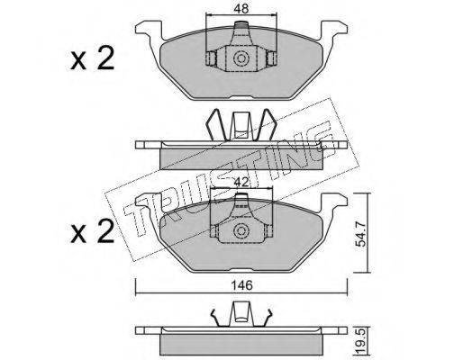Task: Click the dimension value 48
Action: click(x=241, y=9)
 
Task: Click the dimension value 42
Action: click(x=241, y=182)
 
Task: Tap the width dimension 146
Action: click(x=242, y=285)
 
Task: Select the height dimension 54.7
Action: click(x=360, y=233)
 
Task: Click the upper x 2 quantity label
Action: click(x=92, y=58)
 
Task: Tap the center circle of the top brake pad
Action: click(x=241, y=58)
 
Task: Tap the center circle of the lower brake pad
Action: click(x=241, y=230)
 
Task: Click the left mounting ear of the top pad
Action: click(x=149, y=30)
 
